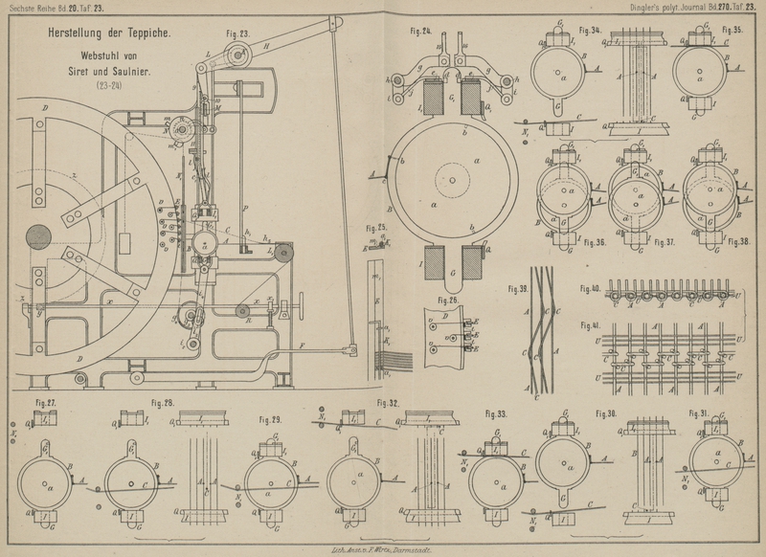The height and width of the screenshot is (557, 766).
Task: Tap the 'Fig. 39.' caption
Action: pos(517,287)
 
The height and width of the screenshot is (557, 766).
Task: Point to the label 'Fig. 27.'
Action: pos(45,403)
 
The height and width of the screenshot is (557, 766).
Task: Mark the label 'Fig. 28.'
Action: pos(162,403)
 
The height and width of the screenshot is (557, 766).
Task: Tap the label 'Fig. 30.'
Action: pos(608,413)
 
